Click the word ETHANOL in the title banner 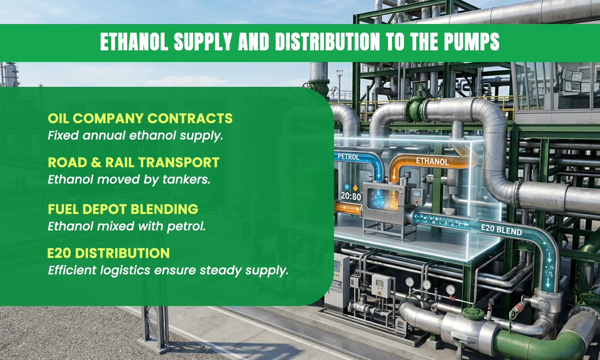pos(134,42)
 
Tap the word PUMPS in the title pos(472,42)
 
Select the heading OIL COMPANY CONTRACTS pos(140,118)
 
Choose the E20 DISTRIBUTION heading pos(108,253)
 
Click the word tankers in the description pos(186,180)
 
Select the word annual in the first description pos(104,136)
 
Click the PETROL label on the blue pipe pos(348,157)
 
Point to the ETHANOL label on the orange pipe pos(432,161)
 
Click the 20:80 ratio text pos(351,197)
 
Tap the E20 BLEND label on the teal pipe pos(502,230)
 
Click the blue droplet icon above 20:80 pos(347,187)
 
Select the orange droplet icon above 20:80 pos(356,187)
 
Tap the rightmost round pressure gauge pos(450,290)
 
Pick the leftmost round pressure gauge pos(410,282)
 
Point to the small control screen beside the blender pos(417,193)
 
